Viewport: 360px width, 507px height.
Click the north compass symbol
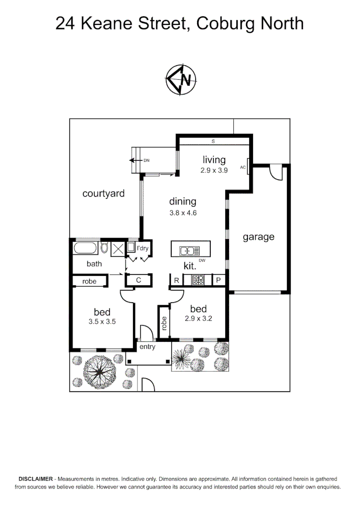pyautogui.click(x=181, y=80)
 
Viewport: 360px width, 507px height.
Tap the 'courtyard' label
pyautogui.click(x=103, y=193)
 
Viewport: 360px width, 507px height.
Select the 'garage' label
pyautogui.click(x=258, y=237)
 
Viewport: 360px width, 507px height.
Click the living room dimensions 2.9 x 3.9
pyautogui.click(x=214, y=171)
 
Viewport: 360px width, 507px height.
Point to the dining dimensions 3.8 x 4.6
pyautogui.click(x=183, y=213)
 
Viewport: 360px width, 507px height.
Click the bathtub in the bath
pyautogui.click(x=85, y=247)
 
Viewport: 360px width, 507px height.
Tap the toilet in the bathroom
pyautogui.click(x=104, y=247)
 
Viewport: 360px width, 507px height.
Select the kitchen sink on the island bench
pyautogui.click(x=186, y=251)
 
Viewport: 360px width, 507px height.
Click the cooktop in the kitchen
pyautogui.click(x=198, y=280)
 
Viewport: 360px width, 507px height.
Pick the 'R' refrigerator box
pyautogui.click(x=176, y=280)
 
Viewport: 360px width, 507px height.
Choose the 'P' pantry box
pyautogui.click(x=219, y=280)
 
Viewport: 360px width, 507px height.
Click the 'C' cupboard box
pyautogui.click(x=138, y=280)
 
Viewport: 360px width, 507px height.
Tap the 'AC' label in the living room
pyautogui.click(x=243, y=167)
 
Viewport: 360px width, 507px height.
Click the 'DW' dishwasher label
pyautogui.click(x=202, y=260)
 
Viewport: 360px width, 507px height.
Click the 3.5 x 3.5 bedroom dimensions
pyautogui.click(x=102, y=322)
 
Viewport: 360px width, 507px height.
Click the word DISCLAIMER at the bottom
pyautogui.click(x=36, y=479)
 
